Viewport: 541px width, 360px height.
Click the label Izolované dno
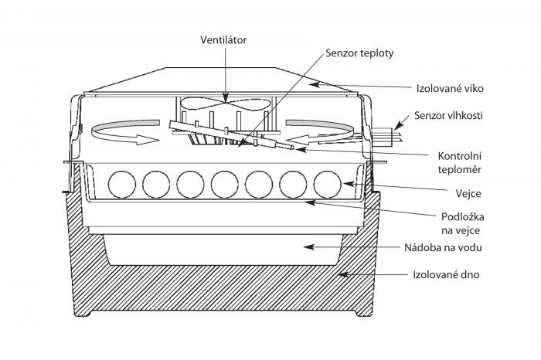point(443,273)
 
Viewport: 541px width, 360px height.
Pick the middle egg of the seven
point(224,184)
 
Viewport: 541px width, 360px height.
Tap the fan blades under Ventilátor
point(225,100)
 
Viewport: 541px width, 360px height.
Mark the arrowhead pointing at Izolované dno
point(342,273)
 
